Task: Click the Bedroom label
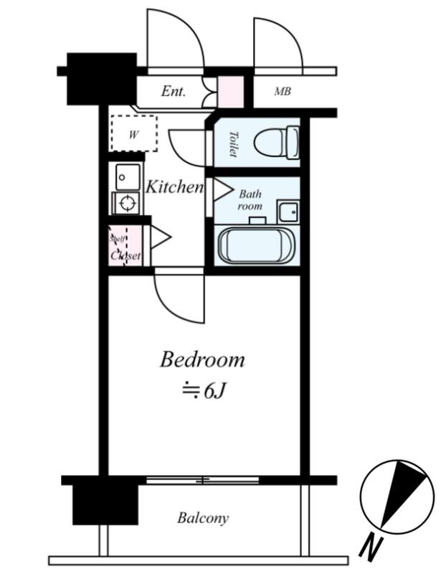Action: pyautogui.click(x=202, y=360)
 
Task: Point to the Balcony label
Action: pyautogui.click(x=203, y=517)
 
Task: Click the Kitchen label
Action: pyautogui.click(x=174, y=187)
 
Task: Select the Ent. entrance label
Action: pyautogui.click(x=174, y=91)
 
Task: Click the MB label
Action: pyautogui.click(x=283, y=91)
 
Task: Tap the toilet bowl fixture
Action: pyautogui.click(x=277, y=142)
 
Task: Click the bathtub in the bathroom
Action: pyautogui.click(x=257, y=245)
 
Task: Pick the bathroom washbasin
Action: pyautogui.click(x=288, y=212)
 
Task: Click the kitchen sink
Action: pyautogui.click(x=128, y=177)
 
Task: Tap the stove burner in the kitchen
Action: pyautogui.click(x=127, y=203)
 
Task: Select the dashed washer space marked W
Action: pyautogui.click(x=134, y=133)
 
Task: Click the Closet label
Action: pyautogui.click(x=125, y=255)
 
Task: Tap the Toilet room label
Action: pyautogui.click(x=233, y=144)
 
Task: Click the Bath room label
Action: pyautogui.click(x=250, y=200)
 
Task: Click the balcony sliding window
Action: pyautogui.click(x=202, y=480)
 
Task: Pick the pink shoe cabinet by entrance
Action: pyautogui.click(x=230, y=92)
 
